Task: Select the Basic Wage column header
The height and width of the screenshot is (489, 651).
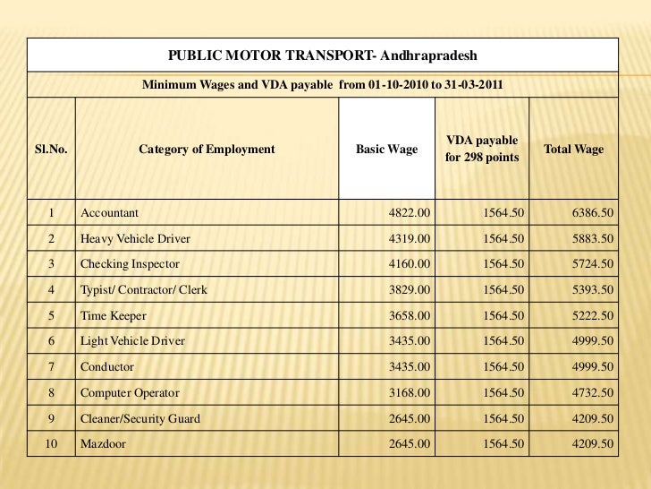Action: pyautogui.click(x=386, y=150)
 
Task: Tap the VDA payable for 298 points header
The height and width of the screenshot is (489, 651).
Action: pyautogui.click(x=481, y=150)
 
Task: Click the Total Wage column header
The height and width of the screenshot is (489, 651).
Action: pyautogui.click(x=573, y=150)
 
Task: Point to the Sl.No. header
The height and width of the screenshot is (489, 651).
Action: pyautogui.click(x=51, y=150)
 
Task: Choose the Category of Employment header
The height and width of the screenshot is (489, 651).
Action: pyautogui.click(x=207, y=150)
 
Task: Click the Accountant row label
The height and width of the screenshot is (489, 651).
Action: pyautogui.click(x=109, y=213)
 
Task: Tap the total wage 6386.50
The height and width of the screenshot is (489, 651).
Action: pyautogui.click(x=592, y=213)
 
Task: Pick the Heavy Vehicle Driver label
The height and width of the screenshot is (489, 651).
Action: pyautogui.click(x=135, y=239)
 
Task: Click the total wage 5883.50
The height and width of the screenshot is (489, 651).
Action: pyautogui.click(x=592, y=239)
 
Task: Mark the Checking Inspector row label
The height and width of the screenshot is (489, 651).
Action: pyautogui.click(x=130, y=264)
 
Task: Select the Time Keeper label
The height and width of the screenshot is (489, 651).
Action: pyautogui.click(x=113, y=316)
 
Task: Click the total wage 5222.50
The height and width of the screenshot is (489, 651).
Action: pyautogui.click(x=592, y=316)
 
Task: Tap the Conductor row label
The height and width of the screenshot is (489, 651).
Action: pyautogui.click(x=107, y=367)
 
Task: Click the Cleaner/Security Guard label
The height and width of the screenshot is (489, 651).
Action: pyautogui.click(x=140, y=418)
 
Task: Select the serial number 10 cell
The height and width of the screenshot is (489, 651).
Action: pyautogui.click(x=51, y=443)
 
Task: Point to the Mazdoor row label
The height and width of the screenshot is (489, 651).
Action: pyautogui.click(x=103, y=443)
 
